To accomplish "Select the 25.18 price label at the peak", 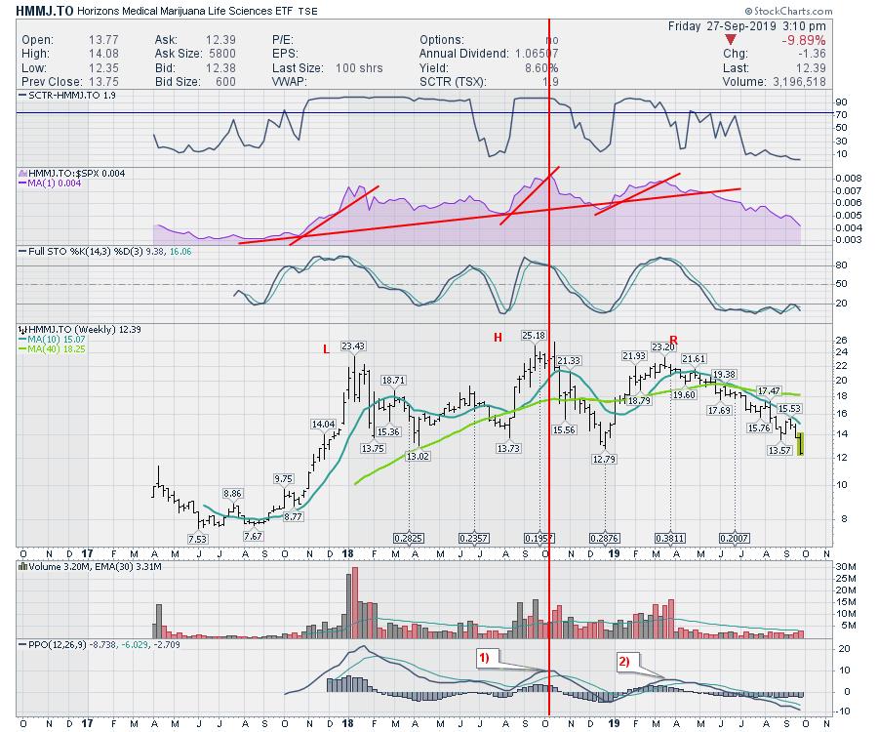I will pyautogui.click(x=533, y=336).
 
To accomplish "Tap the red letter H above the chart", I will pyautogui.click(x=497, y=337).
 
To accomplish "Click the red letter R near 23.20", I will pyautogui.click(x=673, y=339).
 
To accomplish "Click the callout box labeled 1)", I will pyautogui.click(x=489, y=658).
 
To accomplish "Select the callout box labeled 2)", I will pyautogui.click(x=624, y=661).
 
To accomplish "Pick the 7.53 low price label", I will pyautogui.click(x=198, y=538).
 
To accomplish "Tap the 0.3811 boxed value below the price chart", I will pyautogui.click(x=670, y=538).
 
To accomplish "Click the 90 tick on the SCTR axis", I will pyautogui.click(x=812, y=102).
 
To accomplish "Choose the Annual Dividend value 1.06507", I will pyautogui.click(x=528, y=54).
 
